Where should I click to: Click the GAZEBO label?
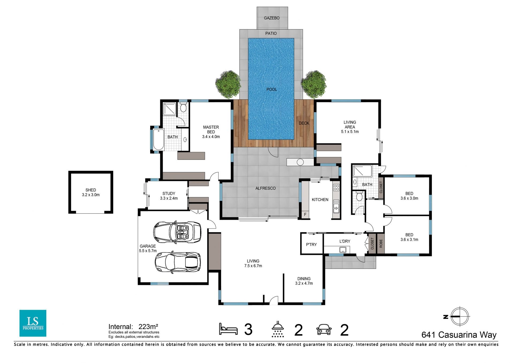point(271,18)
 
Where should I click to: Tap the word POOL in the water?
point(271,89)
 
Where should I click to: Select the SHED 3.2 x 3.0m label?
point(91,192)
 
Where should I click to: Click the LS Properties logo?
point(33,323)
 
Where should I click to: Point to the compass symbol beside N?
point(460,316)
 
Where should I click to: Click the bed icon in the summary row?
point(228,329)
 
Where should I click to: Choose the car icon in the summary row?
point(324,329)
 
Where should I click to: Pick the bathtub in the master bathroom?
point(158,140)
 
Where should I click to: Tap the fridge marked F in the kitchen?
point(305,215)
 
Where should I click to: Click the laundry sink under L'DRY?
point(343,250)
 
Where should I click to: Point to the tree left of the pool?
point(228,84)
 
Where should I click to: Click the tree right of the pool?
point(314,84)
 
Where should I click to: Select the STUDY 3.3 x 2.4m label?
point(169,196)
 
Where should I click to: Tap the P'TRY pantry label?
point(311,244)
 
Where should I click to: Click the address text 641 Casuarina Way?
point(459,335)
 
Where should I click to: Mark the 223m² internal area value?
point(148,326)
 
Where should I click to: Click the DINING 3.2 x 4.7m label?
point(304,281)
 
